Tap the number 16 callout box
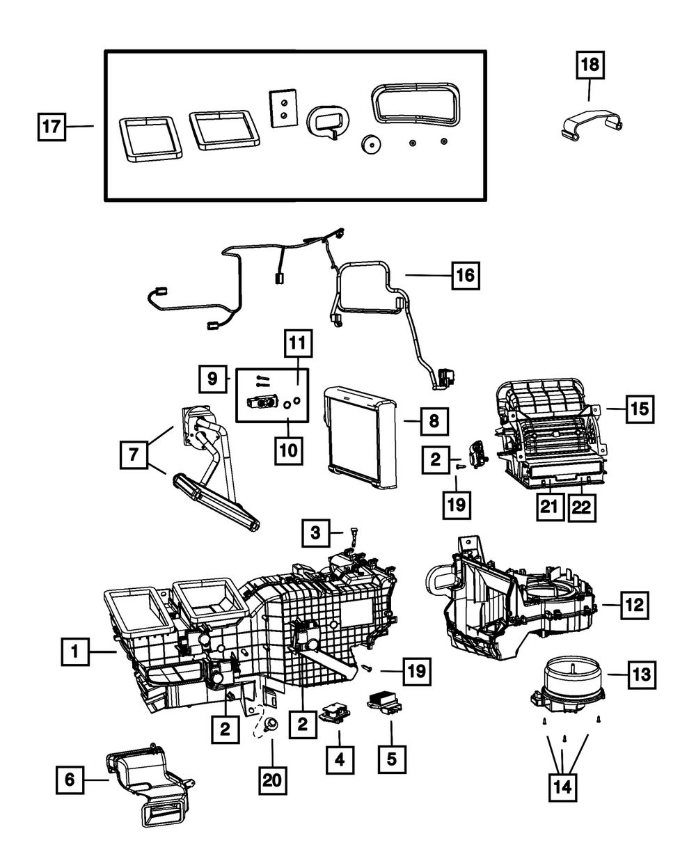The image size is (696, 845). (x=465, y=276)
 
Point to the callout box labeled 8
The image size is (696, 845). (x=432, y=420)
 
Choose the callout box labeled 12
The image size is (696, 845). (x=633, y=605)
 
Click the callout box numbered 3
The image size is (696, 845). (x=317, y=534)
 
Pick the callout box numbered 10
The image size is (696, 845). (x=289, y=450)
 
